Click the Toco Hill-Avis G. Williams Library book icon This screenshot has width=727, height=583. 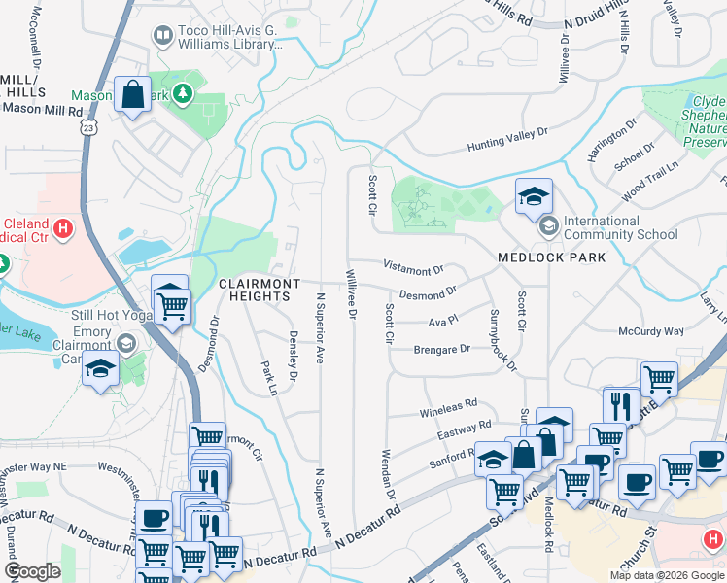pyautogui.click(x=163, y=36)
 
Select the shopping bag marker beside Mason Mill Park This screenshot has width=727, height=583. pyautogui.click(x=133, y=95)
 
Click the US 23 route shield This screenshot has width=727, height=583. pyautogui.click(x=89, y=127)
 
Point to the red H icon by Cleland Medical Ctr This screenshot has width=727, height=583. pyautogui.click(x=63, y=229)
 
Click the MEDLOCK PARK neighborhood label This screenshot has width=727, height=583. pyautogui.click(x=551, y=257)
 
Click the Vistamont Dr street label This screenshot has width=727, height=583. pyautogui.click(x=413, y=269)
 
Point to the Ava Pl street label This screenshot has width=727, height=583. pyautogui.click(x=442, y=320)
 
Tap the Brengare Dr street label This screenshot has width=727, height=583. pyautogui.click(x=441, y=348)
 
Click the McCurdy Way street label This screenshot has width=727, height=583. pyautogui.click(x=651, y=331)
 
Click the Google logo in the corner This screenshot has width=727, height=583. pyautogui.click(x=32, y=571)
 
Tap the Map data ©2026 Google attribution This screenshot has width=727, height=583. pyautogui.click(x=666, y=575)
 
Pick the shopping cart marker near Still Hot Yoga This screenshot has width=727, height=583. pyautogui.click(x=172, y=306)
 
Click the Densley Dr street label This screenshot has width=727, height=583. pyautogui.click(x=293, y=355)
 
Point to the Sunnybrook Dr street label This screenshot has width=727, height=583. pyautogui.click(x=503, y=342)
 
